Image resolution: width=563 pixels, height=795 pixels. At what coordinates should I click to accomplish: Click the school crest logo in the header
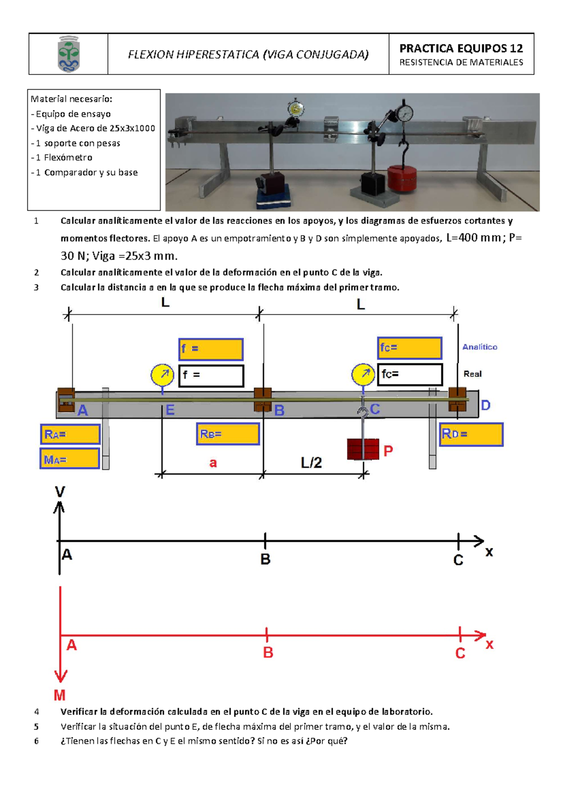(68, 54)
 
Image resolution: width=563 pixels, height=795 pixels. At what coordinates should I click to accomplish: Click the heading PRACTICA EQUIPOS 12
(461, 48)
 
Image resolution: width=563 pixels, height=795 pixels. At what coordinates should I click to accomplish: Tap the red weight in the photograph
(402, 178)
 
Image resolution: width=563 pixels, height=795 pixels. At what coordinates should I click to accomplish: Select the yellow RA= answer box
(70, 434)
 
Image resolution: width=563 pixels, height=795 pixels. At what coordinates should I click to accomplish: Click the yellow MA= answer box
(70, 459)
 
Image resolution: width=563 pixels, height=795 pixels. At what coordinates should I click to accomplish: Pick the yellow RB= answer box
(228, 434)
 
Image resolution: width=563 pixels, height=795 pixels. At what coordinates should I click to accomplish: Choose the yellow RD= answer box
(471, 434)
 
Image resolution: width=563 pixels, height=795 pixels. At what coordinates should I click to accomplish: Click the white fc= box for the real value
(410, 374)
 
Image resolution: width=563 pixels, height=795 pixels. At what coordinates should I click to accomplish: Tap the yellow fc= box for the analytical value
(410, 348)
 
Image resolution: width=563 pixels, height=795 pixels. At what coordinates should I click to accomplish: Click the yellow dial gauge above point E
(162, 375)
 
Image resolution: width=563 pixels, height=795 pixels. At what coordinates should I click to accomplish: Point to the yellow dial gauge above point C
(363, 374)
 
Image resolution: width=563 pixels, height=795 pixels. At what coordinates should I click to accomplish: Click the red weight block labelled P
(363, 449)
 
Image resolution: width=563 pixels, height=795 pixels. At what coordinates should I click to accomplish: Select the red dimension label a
(213, 463)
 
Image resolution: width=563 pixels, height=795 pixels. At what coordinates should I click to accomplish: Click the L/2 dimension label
(311, 463)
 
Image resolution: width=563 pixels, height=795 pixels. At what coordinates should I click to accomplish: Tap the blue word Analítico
(479, 347)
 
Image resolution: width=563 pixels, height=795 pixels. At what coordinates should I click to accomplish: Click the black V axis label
(60, 492)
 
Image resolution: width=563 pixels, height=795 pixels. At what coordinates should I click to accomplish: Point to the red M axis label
(60, 695)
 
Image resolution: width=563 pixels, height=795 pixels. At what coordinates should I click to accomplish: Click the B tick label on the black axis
(265, 559)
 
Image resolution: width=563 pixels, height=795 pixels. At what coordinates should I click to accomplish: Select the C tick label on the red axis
(460, 653)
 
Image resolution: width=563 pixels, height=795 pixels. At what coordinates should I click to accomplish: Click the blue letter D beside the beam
(486, 405)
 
